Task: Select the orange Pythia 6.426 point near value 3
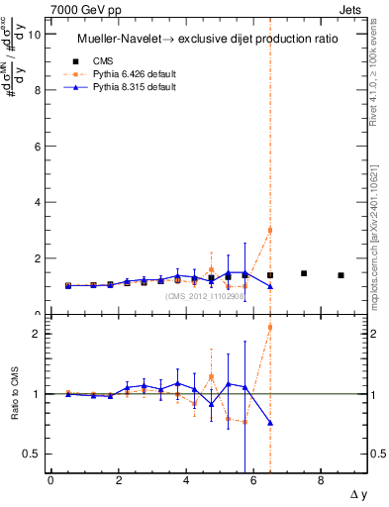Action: [270, 230]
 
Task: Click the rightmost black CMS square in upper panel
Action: [340, 275]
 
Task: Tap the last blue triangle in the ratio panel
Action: [270, 423]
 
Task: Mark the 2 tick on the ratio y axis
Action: [39, 334]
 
